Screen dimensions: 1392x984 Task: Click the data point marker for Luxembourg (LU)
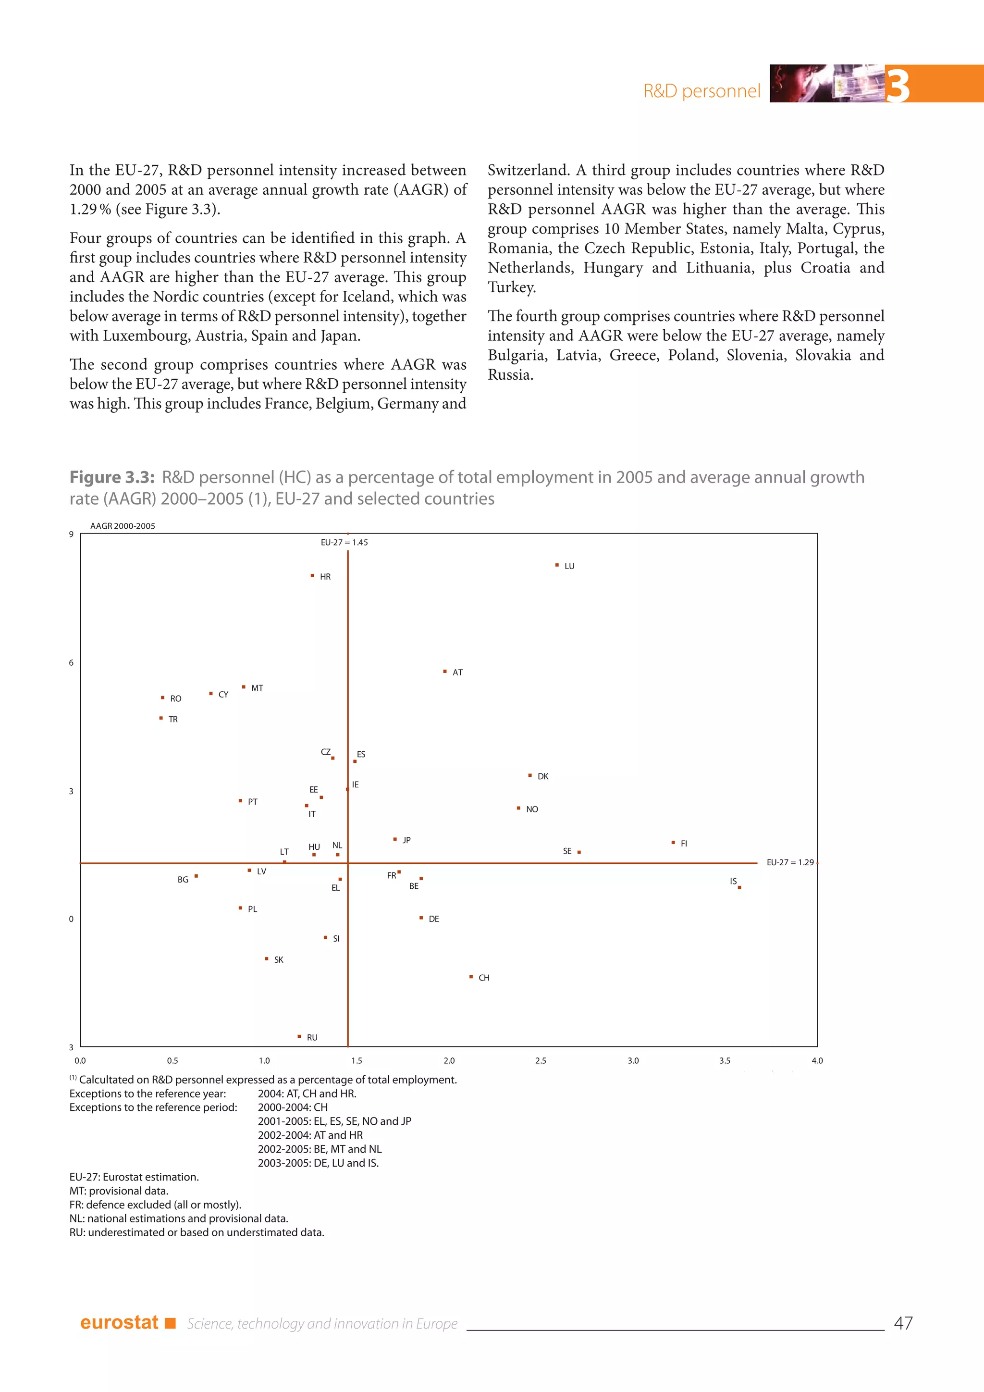(557, 565)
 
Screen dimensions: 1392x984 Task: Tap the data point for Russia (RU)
(299, 1036)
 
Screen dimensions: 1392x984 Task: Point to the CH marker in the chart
(471, 977)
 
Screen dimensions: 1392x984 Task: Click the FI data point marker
(673, 842)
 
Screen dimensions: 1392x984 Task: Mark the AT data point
(445, 671)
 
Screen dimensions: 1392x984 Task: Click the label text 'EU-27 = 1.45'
(344, 543)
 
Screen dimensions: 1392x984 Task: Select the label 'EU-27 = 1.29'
(790, 862)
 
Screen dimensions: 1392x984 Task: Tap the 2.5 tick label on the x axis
(541, 1060)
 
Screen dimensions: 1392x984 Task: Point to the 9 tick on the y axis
(71, 534)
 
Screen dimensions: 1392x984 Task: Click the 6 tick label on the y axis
(71, 663)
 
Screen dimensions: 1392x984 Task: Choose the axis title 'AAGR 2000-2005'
(123, 526)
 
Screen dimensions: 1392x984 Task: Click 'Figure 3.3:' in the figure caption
(112, 477)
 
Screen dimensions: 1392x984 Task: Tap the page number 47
(903, 1323)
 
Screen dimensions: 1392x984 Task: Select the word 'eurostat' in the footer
(119, 1322)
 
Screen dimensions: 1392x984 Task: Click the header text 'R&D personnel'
(701, 91)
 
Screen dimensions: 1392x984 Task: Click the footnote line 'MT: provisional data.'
(119, 1191)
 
